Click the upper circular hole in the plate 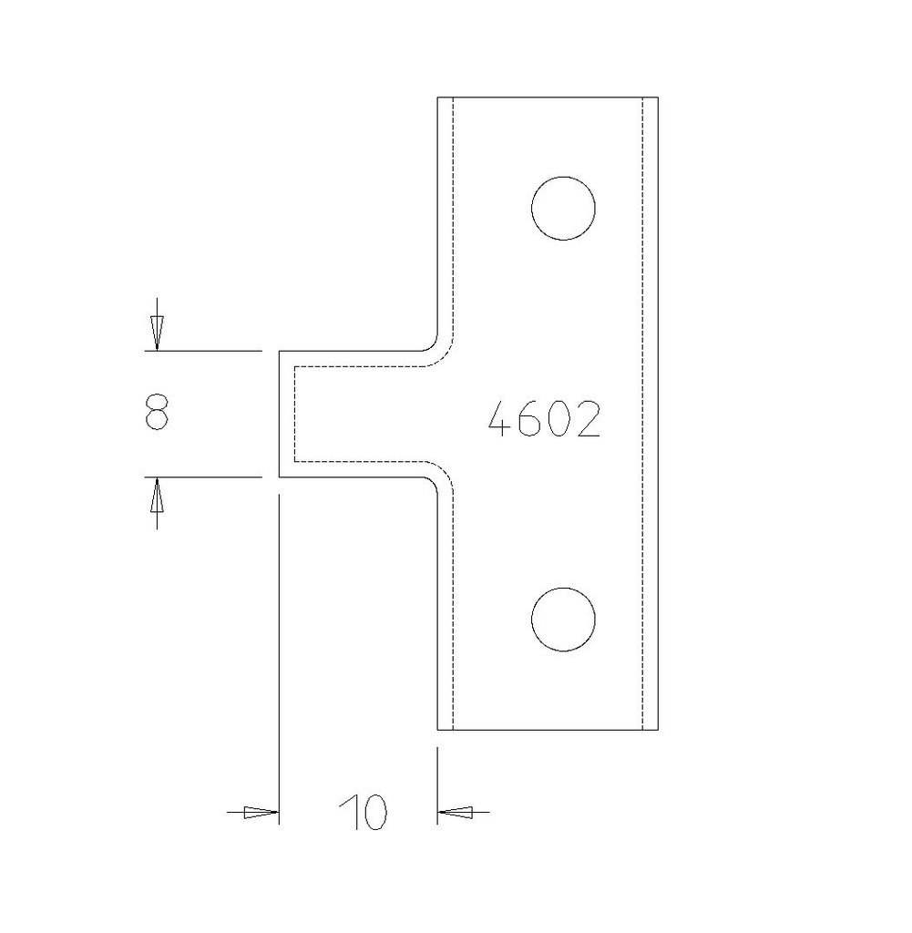[563, 209]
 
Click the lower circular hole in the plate [563, 620]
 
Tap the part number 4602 [545, 420]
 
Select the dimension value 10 [363, 812]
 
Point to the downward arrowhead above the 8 [157, 333]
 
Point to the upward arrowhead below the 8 [157, 496]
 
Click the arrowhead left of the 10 [261, 812]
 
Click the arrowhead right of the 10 [456, 811]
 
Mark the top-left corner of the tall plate [438, 97]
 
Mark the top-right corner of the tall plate [657, 97]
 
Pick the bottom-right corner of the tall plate [657, 730]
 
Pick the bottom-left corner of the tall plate [438, 730]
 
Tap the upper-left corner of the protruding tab [279, 351]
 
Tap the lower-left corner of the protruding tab [279, 476]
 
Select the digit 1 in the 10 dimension [346, 812]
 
